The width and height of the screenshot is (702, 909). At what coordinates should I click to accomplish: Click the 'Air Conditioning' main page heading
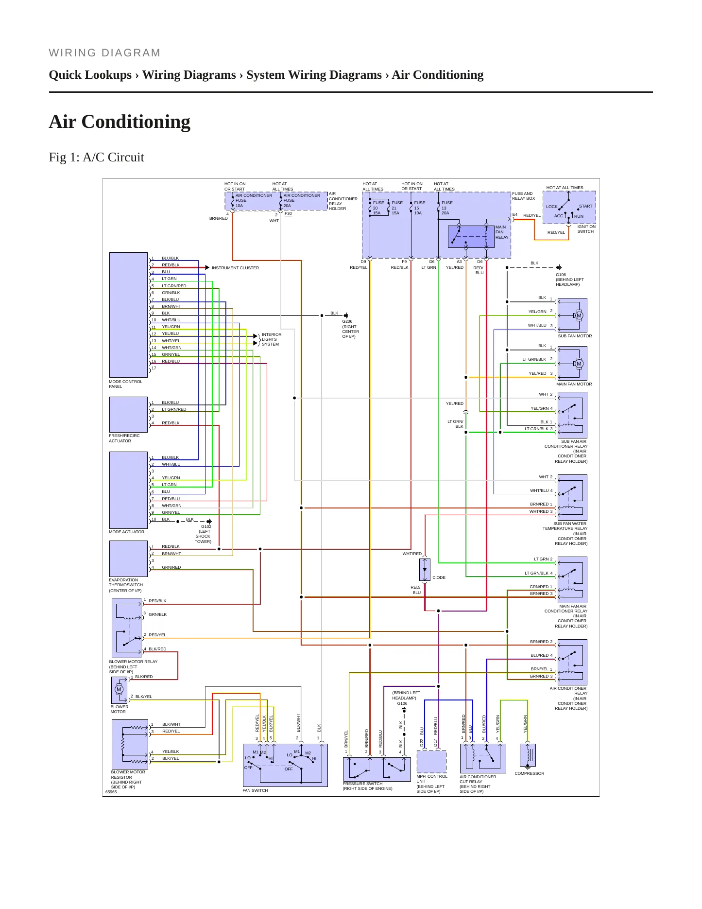[120, 122]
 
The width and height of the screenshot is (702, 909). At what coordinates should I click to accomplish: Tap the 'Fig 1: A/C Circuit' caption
[96, 157]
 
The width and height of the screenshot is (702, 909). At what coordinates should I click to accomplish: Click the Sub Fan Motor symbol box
[572, 315]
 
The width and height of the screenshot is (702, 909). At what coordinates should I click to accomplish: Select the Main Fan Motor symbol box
[572, 363]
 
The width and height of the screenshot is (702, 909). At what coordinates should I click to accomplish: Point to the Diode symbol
[425, 569]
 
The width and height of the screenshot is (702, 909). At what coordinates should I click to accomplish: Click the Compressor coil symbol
[528, 755]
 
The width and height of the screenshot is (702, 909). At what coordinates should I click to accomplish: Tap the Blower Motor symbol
[119, 690]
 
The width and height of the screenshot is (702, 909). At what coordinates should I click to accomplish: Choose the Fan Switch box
[285, 765]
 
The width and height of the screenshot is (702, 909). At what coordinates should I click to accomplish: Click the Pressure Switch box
[377, 769]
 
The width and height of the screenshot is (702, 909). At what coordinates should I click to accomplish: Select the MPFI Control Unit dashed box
[431, 762]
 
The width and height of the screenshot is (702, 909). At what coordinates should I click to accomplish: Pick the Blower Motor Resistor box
[130, 744]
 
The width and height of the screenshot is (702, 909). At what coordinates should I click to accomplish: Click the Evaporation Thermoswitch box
[128, 559]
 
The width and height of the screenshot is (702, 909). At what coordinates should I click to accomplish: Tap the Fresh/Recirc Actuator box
[128, 415]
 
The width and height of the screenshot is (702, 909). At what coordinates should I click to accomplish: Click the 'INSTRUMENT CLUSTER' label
[235, 268]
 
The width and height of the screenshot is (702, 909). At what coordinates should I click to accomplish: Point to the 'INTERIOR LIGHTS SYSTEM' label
[272, 339]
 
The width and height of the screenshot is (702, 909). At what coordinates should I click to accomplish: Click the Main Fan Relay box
[471, 237]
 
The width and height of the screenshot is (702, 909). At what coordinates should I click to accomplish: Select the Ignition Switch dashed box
[569, 208]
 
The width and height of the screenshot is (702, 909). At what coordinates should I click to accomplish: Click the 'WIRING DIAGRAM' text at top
[104, 53]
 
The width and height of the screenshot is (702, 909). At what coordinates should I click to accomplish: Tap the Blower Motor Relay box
[126, 628]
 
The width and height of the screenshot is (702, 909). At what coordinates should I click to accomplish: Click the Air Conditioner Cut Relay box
[483, 758]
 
